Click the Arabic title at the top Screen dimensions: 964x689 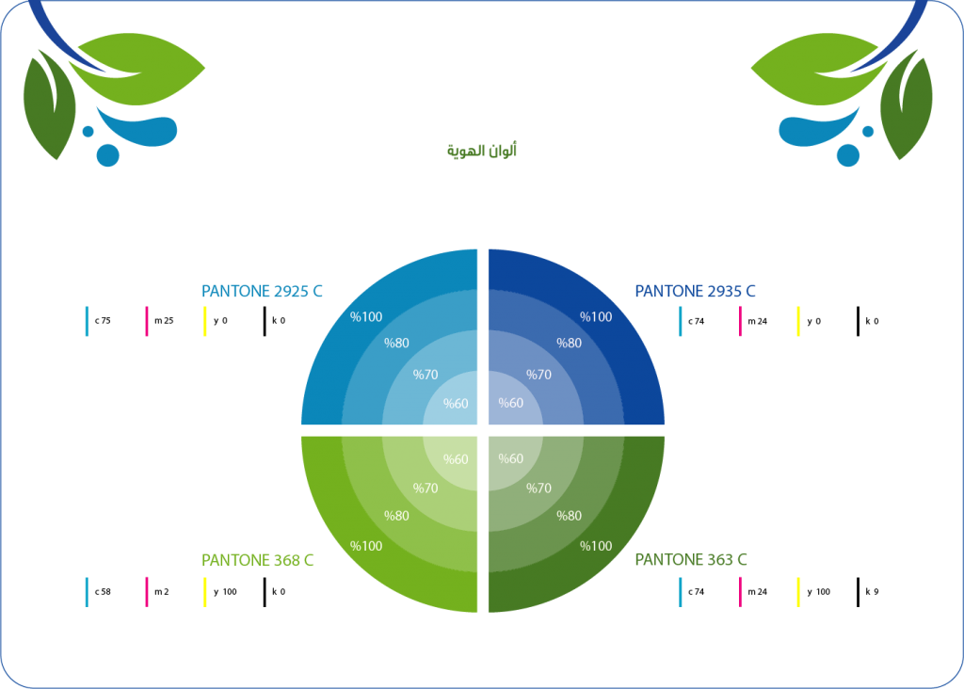tap(481, 151)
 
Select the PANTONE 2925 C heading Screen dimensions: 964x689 tap(262, 291)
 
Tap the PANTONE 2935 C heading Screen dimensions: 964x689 tap(695, 291)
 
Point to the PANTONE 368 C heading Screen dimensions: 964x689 tap(258, 560)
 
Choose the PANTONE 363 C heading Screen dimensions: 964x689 tap(691, 559)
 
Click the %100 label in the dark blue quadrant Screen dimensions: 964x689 tap(596, 316)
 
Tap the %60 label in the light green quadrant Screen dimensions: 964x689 tap(456, 459)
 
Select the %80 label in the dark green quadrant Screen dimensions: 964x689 tap(569, 516)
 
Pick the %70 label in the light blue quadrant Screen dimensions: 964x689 tap(426, 375)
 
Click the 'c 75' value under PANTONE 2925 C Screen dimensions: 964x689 tap(103, 320)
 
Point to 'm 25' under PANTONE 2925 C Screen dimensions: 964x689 tap(164, 320)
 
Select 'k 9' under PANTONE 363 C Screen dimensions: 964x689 tap(872, 591)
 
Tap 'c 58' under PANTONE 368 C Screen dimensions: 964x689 tap(103, 591)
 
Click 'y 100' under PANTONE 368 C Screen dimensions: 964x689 tap(225, 591)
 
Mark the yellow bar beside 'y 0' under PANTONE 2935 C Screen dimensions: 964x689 tap(798, 321)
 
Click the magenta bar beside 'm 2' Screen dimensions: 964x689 tap(146, 592)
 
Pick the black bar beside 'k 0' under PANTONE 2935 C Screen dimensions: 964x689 tap(859, 321)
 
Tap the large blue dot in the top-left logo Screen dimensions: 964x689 tap(107, 155)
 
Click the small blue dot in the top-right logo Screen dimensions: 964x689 tap(868, 132)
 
